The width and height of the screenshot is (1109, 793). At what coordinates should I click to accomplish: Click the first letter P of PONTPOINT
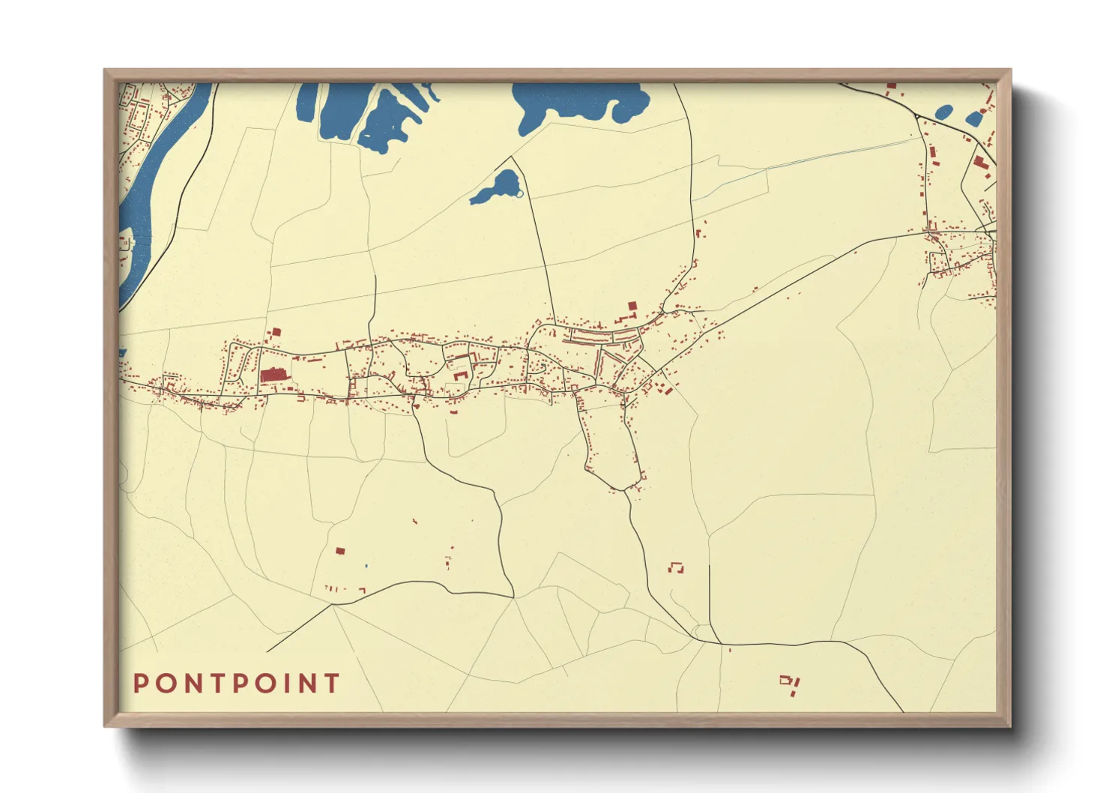[x=140, y=684]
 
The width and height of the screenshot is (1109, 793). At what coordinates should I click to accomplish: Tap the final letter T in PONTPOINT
[x=332, y=684]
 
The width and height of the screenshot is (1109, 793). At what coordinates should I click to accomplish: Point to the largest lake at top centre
[x=577, y=101]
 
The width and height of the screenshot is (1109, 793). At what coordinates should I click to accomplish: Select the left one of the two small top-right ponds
[x=944, y=113]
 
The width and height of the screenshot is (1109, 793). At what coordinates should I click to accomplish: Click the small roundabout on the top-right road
[x=917, y=117]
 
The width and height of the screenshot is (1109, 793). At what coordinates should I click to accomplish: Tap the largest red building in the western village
[x=273, y=374]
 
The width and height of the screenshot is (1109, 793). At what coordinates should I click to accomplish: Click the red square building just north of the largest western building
[x=274, y=331]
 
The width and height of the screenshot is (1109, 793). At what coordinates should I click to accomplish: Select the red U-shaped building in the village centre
[x=460, y=374]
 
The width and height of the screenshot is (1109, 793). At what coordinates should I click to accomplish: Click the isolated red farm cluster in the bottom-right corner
[x=790, y=684]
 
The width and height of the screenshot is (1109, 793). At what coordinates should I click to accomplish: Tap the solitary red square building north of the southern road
[x=339, y=551]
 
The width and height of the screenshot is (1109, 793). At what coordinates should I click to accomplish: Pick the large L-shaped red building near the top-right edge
[x=980, y=162]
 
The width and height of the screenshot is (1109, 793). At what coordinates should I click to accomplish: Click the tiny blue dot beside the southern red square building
[x=366, y=565]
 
